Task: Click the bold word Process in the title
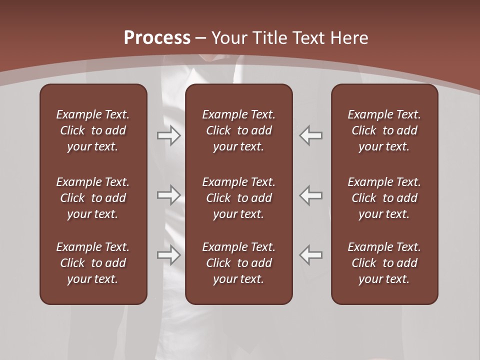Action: click(157, 38)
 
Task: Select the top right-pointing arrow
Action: click(169, 135)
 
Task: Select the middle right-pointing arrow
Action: click(169, 195)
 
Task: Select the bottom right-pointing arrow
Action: click(169, 255)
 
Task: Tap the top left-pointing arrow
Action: click(310, 135)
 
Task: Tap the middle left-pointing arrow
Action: click(310, 195)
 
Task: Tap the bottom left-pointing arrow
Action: click(310, 255)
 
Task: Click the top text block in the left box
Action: click(93, 130)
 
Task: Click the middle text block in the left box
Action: click(93, 198)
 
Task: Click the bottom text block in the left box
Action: click(93, 263)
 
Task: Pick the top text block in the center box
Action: click(238, 130)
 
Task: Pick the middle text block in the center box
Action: click(238, 198)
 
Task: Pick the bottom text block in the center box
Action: click(238, 263)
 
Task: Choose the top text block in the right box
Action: click(384, 130)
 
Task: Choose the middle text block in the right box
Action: click(384, 198)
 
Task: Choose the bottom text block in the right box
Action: click(384, 263)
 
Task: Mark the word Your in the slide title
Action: click(229, 38)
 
